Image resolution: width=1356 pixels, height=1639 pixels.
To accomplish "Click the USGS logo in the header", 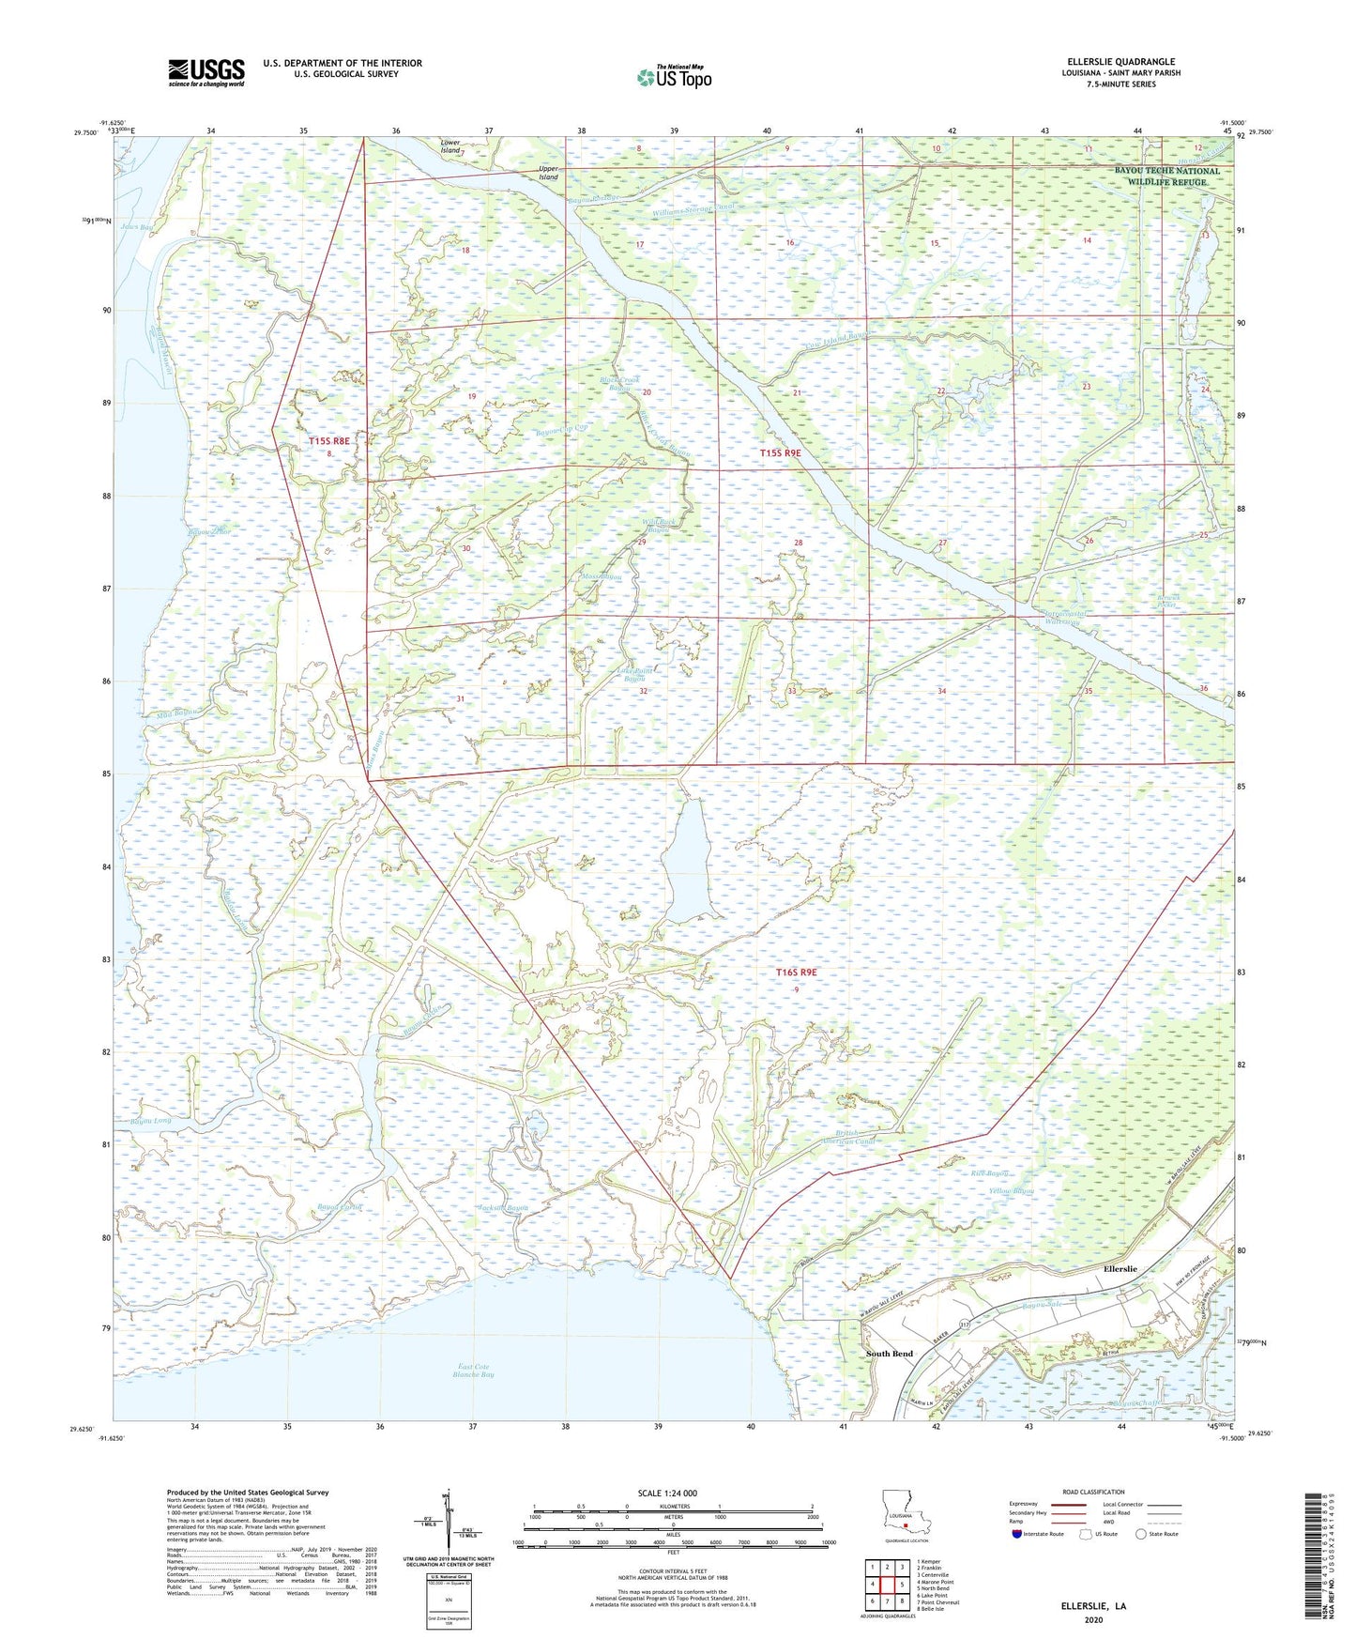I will pyautogui.click(x=206, y=72).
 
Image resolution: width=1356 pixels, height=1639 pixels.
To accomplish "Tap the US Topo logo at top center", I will pyautogui.click(x=674, y=77).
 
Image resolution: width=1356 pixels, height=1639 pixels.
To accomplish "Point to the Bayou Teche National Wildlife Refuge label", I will pyautogui.click(x=1167, y=176).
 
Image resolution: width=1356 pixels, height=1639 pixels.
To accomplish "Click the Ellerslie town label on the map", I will pyautogui.click(x=1120, y=1268).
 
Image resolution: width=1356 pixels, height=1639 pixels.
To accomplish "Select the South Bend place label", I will pyautogui.click(x=888, y=1354).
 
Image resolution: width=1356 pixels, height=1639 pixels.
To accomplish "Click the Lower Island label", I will pyautogui.click(x=450, y=146).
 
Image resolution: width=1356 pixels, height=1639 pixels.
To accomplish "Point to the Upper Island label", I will pyautogui.click(x=548, y=173).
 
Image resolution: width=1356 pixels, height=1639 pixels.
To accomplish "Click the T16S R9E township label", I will pyautogui.click(x=796, y=973).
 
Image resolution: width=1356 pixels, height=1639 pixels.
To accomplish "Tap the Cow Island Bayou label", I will pyautogui.click(x=839, y=337).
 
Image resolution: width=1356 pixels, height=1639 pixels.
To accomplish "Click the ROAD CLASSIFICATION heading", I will pyautogui.click(x=1093, y=1492).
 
